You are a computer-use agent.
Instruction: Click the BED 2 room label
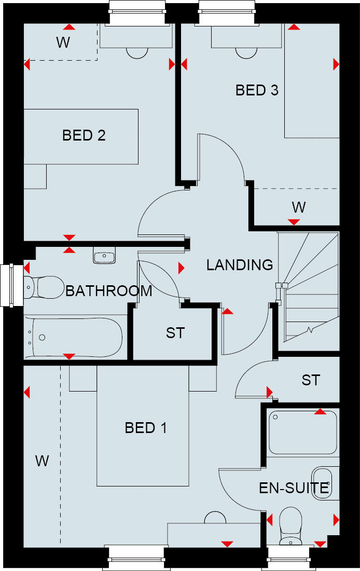click(x=84, y=135)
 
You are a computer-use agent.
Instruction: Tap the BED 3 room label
click(x=257, y=90)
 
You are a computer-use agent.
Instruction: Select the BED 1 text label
click(x=146, y=428)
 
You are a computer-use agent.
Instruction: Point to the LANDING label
click(x=240, y=265)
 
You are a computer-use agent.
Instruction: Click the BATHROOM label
click(x=109, y=291)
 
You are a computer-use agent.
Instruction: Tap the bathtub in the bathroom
click(x=76, y=337)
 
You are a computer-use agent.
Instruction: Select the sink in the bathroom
click(x=105, y=256)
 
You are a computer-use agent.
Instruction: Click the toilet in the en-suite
click(x=290, y=524)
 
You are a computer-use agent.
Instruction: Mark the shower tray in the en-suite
click(x=303, y=432)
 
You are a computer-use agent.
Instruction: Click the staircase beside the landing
click(x=308, y=290)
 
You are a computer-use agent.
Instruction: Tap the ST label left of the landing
click(x=175, y=333)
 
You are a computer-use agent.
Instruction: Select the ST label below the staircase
click(x=311, y=380)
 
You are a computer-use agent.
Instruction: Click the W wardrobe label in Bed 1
click(x=42, y=461)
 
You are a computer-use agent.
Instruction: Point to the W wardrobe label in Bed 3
click(x=298, y=207)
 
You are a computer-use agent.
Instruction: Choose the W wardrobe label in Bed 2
click(x=63, y=43)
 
